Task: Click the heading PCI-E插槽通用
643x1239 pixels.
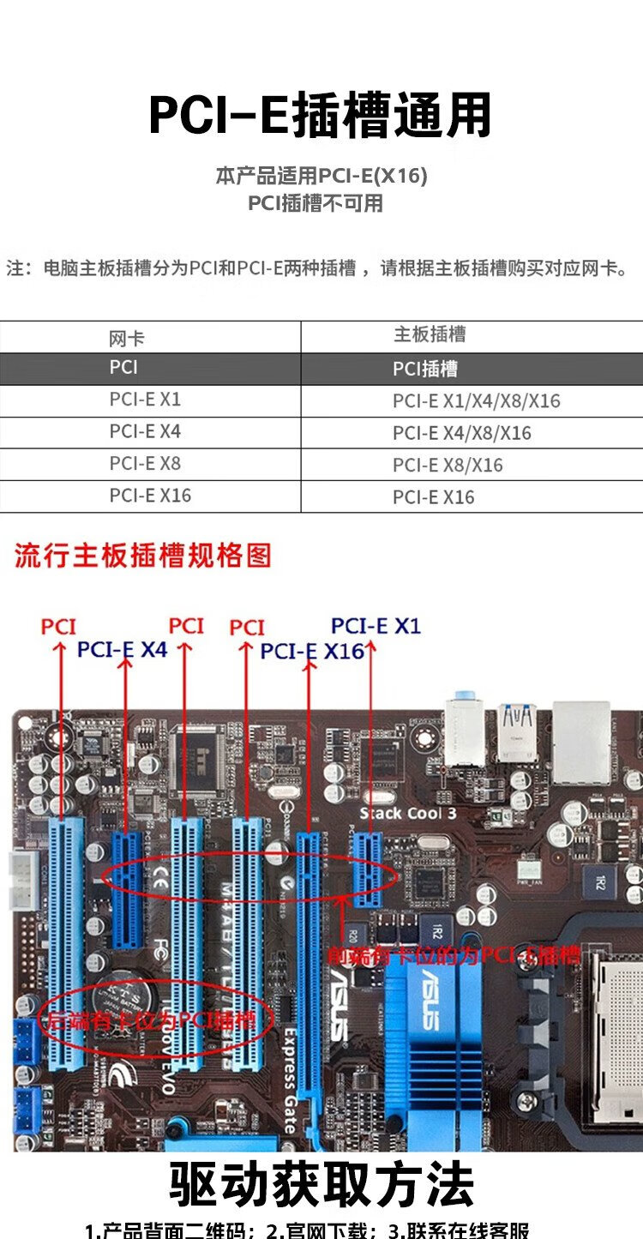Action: click(x=321, y=116)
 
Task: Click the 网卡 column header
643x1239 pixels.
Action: click(x=127, y=338)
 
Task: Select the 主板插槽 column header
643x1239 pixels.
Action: click(x=429, y=335)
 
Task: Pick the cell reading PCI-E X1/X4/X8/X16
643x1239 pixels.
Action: click(x=476, y=401)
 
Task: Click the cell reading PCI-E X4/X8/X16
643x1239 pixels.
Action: click(x=462, y=434)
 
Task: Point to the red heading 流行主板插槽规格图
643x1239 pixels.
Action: click(x=143, y=556)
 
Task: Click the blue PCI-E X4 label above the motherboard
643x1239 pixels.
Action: click(x=122, y=650)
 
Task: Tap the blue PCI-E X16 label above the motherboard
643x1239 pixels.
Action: click(x=312, y=652)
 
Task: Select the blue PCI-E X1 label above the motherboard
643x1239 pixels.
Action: click(x=376, y=626)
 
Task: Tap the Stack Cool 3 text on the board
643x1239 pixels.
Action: click(x=407, y=813)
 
